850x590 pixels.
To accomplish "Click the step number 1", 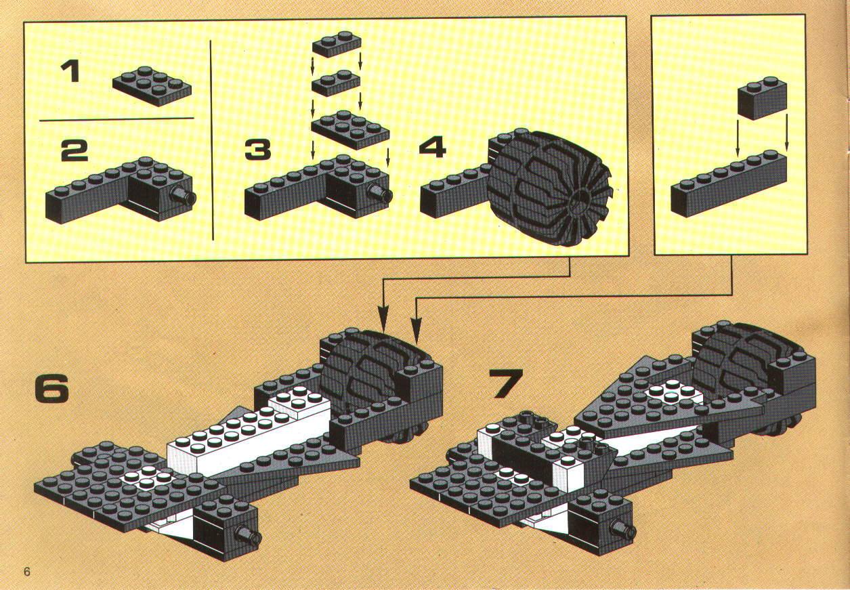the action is coord(70,72).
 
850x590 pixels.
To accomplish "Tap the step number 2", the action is coord(75,151).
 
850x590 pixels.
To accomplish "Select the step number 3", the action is coord(257,150).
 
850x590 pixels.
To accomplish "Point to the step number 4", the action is coord(432,146).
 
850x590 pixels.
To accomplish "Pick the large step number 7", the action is coord(505,383).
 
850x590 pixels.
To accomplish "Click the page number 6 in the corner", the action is coord(26,572).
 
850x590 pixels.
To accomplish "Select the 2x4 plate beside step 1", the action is coord(152,86).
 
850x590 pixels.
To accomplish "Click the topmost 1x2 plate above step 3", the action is coord(336,44).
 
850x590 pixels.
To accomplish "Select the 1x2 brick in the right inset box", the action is coord(762,98).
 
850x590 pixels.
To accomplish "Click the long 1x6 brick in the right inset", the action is coord(729,184).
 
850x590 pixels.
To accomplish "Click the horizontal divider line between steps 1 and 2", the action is coord(116,119).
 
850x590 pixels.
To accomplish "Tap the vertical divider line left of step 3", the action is coord(212,140).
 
